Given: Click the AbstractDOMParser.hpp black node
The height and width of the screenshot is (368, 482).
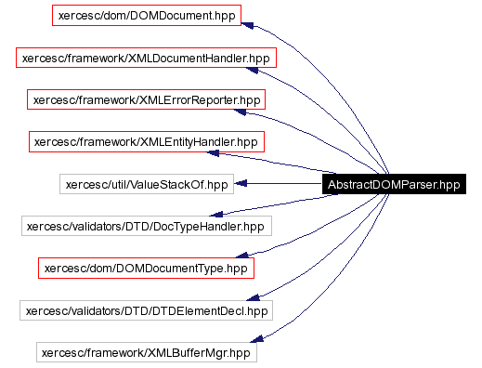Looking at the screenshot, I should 394,184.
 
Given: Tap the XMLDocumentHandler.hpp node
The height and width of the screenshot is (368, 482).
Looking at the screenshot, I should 147,58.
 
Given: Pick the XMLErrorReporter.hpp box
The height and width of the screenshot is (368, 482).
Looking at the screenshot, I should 147,99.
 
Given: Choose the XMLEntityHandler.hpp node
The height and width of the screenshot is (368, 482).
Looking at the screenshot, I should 147,142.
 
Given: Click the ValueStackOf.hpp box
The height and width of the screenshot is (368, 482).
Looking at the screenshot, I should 147,184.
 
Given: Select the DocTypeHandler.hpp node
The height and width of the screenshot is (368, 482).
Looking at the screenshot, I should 147,226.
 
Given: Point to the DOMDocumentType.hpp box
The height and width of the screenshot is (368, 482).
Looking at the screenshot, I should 147,268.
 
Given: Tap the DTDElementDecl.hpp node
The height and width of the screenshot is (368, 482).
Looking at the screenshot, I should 147,310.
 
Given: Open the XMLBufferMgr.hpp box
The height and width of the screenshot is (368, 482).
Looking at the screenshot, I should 147,352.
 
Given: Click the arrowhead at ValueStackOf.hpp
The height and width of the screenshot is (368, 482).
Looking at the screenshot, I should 238,184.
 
